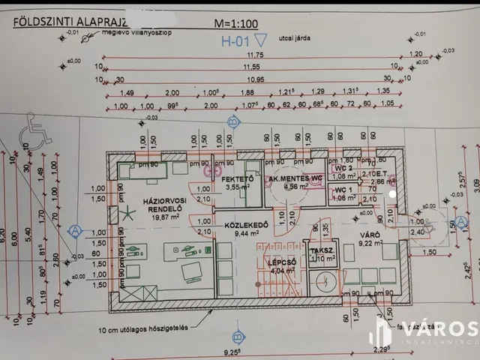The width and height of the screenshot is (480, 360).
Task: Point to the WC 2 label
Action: (343, 169)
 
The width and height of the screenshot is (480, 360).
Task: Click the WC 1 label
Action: (343, 190)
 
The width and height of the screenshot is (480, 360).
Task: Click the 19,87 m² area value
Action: (148, 217)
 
